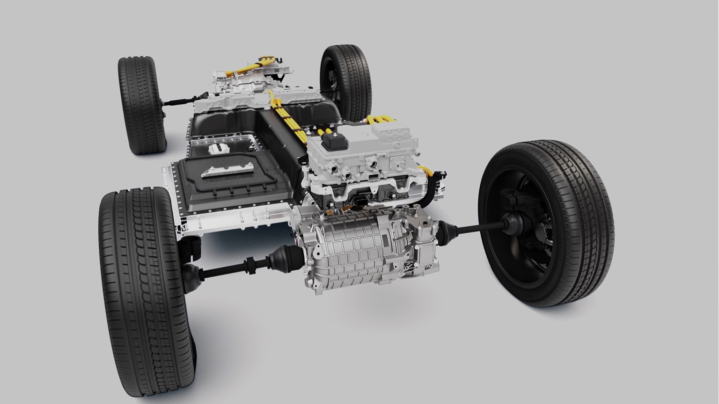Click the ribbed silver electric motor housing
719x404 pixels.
coord(356,252)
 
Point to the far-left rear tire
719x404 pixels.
coord(141,105)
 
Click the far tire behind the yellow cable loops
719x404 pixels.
coord(346,79)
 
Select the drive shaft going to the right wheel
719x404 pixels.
coord(477,228)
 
